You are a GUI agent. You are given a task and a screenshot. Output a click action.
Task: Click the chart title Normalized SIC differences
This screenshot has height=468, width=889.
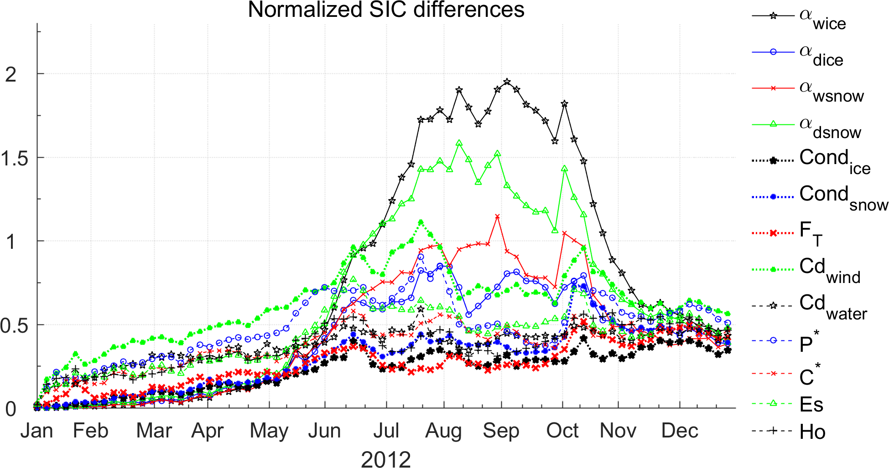(x=386, y=10)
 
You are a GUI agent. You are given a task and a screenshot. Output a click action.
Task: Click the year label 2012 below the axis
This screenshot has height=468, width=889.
(x=386, y=458)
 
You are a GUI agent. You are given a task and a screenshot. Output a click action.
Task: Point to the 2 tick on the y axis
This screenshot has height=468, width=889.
(x=11, y=74)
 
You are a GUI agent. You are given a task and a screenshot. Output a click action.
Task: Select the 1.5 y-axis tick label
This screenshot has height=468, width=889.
(x=11, y=158)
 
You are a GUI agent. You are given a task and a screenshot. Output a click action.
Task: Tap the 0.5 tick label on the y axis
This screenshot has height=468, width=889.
(x=11, y=325)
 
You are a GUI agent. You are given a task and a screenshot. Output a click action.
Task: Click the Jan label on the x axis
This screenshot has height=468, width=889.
(x=36, y=431)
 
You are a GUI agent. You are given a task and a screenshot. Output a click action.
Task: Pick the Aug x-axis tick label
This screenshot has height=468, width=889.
(x=443, y=431)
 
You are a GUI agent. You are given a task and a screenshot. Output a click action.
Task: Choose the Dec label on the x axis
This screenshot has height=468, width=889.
(x=680, y=431)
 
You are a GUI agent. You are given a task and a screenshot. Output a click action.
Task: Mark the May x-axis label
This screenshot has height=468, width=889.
(x=269, y=431)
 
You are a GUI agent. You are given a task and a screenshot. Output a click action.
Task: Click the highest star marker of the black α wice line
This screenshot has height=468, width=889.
(x=507, y=82)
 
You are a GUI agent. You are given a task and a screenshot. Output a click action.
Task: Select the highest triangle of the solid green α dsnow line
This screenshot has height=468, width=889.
(x=459, y=143)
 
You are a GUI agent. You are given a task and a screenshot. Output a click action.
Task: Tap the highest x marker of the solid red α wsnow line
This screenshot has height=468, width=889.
(x=497, y=216)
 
